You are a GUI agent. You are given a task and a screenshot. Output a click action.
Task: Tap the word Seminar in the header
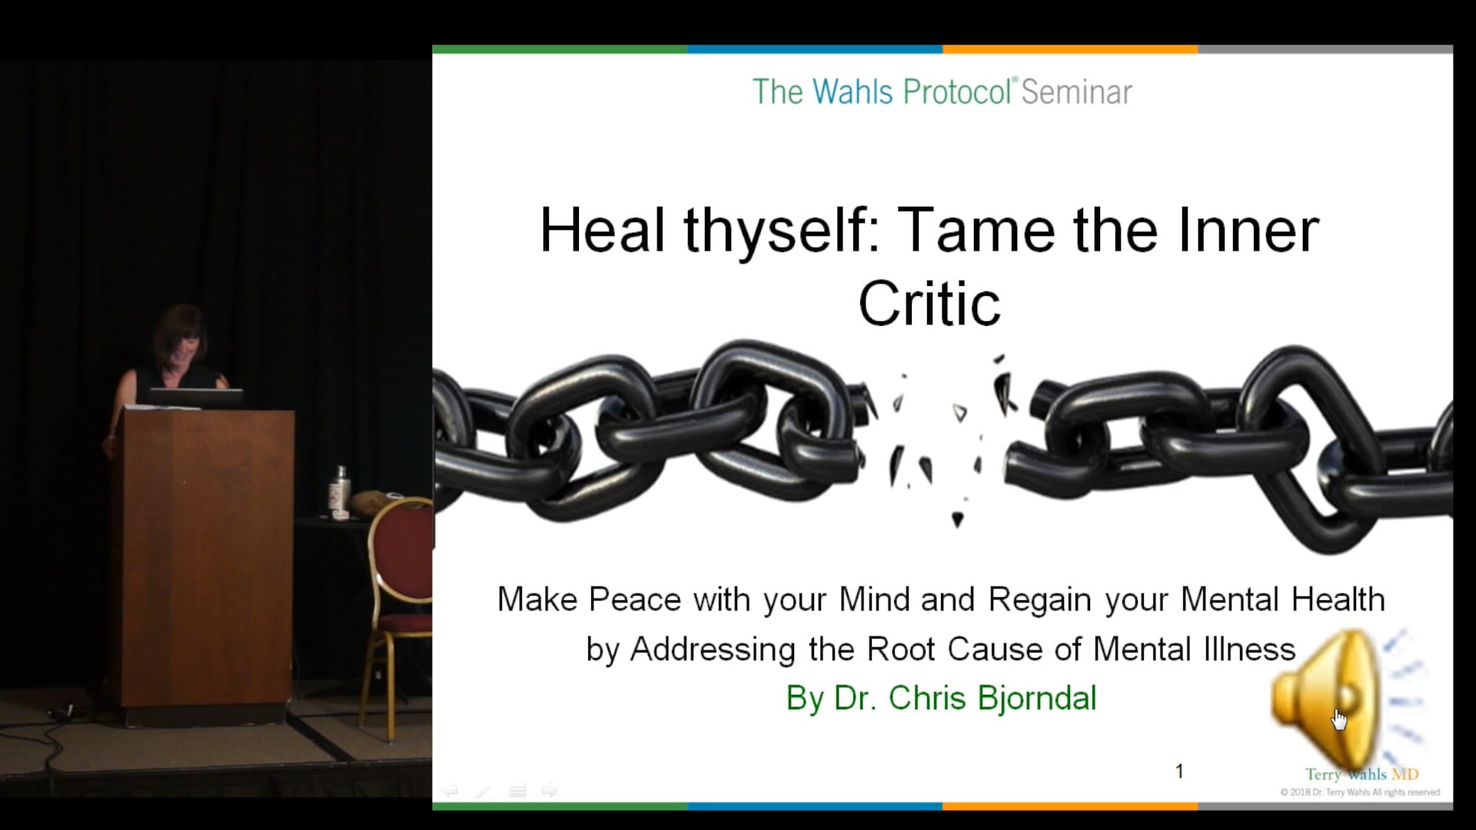point(1076,92)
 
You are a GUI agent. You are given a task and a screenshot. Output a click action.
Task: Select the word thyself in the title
point(776,231)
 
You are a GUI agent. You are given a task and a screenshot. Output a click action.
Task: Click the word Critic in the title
point(929,304)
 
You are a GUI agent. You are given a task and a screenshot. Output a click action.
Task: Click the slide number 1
point(1179,771)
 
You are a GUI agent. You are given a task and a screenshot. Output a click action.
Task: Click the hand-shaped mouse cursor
point(1339,719)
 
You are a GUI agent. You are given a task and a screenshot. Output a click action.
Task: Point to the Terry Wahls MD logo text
point(1361,775)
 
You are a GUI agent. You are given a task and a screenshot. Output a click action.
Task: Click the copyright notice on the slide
point(1359,792)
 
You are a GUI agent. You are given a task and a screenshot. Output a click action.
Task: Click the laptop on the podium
point(196,397)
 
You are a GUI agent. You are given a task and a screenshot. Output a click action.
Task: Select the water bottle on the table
point(340,492)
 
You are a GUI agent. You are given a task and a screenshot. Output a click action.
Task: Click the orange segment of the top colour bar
point(1070,49)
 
